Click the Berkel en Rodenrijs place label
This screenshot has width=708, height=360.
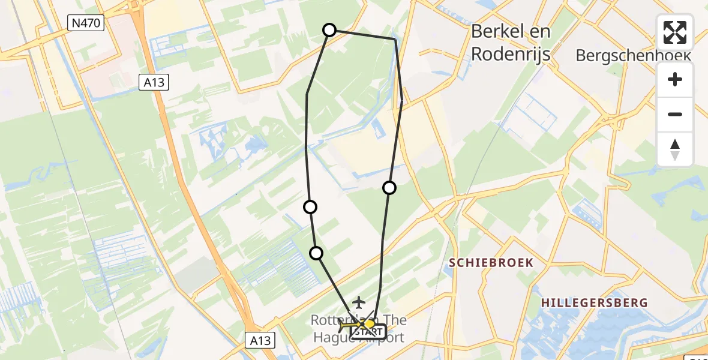click(511, 42)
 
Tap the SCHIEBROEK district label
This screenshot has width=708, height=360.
click(491, 263)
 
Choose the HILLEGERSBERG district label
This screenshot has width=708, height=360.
click(594, 302)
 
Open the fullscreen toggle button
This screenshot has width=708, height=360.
click(675, 32)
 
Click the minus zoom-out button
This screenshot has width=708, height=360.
click(675, 114)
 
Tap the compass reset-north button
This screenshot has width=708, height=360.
click(675, 149)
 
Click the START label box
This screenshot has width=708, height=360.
click(368, 331)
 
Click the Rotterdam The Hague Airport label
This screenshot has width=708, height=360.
click(358, 329)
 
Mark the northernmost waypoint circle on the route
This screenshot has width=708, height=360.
click(329, 29)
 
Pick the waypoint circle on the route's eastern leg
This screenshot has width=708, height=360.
click(389, 188)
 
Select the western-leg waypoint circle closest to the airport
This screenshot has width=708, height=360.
click(316, 253)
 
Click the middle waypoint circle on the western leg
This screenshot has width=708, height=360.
click(310, 207)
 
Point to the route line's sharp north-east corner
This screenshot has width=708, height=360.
click(395, 39)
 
